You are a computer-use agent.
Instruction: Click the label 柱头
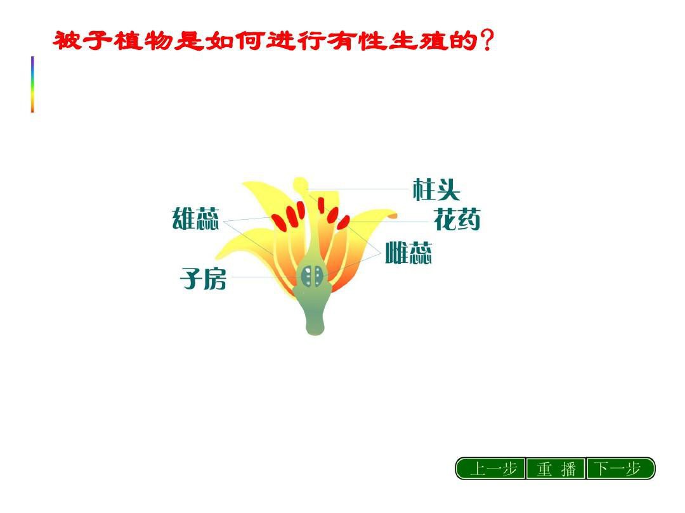click(436, 189)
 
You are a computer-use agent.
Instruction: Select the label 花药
click(457, 219)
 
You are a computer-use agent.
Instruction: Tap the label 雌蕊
click(408, 253)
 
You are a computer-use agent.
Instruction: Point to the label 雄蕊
click(195, 218)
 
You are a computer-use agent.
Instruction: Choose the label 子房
click(203, 279)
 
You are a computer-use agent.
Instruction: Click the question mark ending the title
click(486, 40)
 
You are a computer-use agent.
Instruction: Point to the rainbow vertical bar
click(32, 84)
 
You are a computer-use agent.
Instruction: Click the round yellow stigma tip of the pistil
click(299, 184)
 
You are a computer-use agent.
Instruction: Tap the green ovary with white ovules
click(312, 276)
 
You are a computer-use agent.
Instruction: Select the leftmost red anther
click(278, 222)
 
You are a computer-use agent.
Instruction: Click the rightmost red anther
click(343, 222)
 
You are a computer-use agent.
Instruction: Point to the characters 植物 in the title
click(144, 41)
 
